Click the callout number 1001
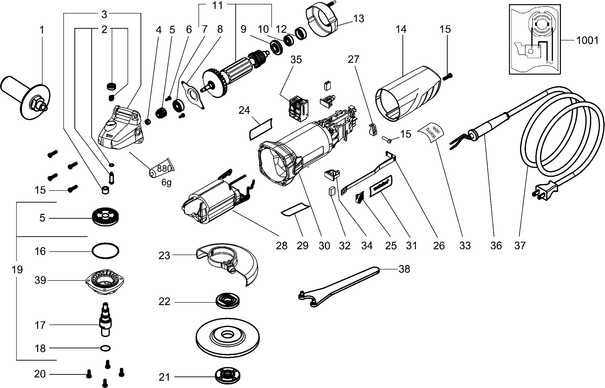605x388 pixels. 587,41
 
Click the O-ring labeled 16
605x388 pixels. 105,251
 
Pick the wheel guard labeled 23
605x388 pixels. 228,262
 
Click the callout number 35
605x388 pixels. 296,60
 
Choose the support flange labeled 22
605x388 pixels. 228,301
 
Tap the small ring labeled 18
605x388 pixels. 105,348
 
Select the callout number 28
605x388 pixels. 282,245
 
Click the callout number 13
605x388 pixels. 358,19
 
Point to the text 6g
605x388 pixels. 166,183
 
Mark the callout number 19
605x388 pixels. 17,270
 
